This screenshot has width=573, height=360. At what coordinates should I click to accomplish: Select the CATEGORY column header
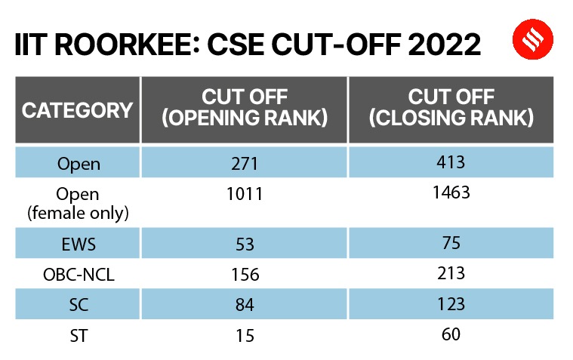point(77,110)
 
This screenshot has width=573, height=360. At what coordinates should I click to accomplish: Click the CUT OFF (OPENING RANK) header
point(245,109)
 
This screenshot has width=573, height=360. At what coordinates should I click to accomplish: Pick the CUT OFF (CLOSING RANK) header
point(451,109)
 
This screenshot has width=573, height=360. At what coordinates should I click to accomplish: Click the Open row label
point(78,164)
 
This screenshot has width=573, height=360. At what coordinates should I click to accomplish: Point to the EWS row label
point(78,245)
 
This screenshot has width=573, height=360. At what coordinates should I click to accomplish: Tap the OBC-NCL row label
point(78,275)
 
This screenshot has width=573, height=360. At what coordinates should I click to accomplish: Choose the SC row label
point(78,304)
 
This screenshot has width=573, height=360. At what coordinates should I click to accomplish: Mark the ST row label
point(78,334)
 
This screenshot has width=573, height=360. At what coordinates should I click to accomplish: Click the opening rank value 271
point(244,164)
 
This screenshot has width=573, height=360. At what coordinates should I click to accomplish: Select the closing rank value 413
point(451,162)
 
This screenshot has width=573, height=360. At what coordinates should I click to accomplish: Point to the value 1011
point(244,194)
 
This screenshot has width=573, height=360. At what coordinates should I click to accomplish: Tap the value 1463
point(451,192)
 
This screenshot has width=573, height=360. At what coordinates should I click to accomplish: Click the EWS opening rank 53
point(244,245)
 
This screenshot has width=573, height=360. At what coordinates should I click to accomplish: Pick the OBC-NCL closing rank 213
point(451,272)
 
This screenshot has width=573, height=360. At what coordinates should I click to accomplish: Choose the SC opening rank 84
point(244,304)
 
